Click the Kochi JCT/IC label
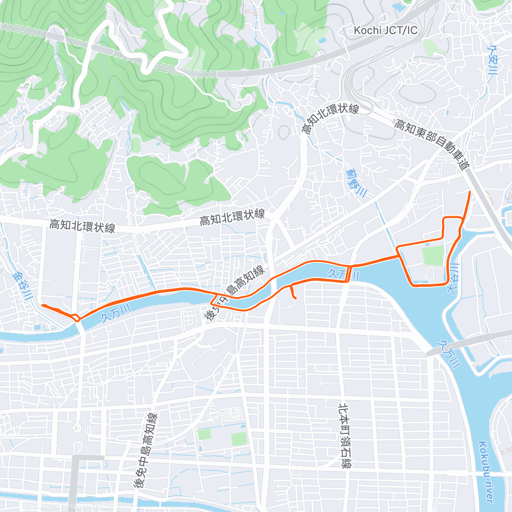click(386, 30)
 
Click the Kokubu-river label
click(486, 472)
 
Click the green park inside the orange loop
click(433, 255)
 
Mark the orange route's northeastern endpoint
click(470, 192)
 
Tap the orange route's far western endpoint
click(42, 305)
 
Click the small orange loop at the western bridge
click(76, 317)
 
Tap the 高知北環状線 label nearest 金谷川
click(82, 226)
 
